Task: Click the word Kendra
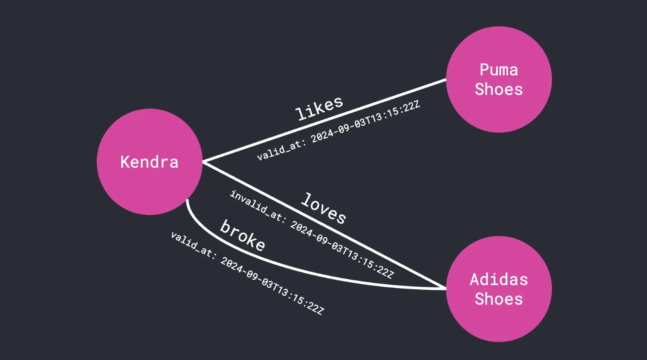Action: [150, 162]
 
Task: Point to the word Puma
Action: [499, 70]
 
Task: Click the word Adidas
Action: [499, 279]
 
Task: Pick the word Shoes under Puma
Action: [499, 89]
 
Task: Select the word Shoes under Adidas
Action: [499, 299]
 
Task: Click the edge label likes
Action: [319, 108]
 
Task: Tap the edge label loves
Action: [323, 208]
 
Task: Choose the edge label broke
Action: [242, 235]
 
